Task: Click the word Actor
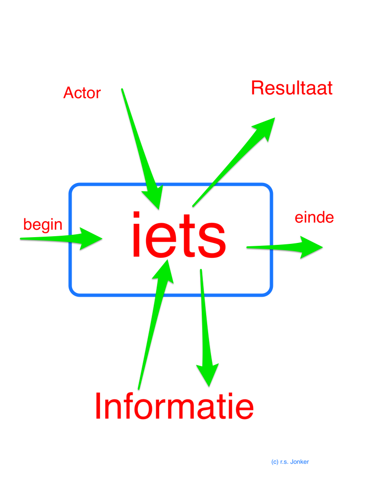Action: [x=82, y=93]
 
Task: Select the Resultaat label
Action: [x=292, y=88]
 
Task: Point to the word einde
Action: [x=314, y=217]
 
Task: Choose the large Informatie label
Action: [x=174, y=406]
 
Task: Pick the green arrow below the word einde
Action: [x=288, y=247]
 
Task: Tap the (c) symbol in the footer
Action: [x=274, y=462]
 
